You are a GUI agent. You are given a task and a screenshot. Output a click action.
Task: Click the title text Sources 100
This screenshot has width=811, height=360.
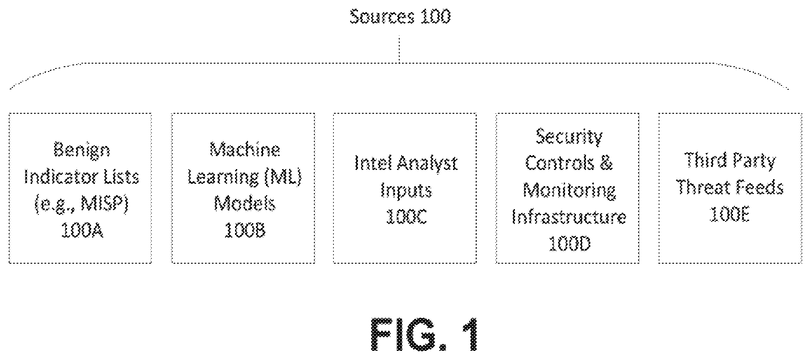point(400,17)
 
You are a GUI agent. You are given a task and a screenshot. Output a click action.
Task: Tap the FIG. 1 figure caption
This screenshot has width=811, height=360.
point(424,334)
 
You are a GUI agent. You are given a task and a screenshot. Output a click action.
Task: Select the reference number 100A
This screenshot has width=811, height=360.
point(82,231)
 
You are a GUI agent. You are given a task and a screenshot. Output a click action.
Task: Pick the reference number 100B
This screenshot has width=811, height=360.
point(245,231)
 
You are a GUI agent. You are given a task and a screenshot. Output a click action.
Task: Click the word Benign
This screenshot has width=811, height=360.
point(82,151)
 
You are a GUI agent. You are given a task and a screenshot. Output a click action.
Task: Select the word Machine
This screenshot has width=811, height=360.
point(245,150)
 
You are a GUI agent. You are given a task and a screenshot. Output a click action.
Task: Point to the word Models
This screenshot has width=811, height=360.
point(245,204)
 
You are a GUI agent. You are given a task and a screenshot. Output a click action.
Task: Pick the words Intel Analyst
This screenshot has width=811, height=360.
point(406,163)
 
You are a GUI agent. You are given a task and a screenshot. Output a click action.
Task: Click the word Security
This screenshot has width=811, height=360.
point(569,137)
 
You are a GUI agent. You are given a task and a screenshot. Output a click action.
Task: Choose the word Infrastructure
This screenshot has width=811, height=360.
point(569,217)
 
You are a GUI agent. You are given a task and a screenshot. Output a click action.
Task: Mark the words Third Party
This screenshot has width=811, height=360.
point(730,160)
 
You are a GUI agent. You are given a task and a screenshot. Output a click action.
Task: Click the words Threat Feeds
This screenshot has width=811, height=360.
point(730,188)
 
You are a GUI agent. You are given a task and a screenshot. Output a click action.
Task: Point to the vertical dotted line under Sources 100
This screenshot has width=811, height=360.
point(399,49)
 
